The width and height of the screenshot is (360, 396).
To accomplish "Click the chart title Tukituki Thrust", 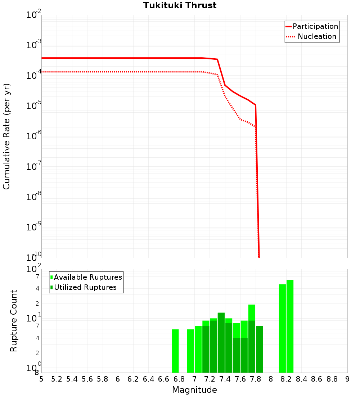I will coord(180,5).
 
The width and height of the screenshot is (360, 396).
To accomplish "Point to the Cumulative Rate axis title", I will coord(6,136).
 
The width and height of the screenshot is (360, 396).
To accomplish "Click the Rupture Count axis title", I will coord(14,321).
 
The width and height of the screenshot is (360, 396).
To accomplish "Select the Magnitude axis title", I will coord(194,390).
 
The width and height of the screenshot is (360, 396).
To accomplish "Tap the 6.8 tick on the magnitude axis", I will coord(179,379).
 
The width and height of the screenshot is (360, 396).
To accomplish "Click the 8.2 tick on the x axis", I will coord(286,379).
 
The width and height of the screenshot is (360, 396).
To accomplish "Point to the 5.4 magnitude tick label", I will coord(72,379).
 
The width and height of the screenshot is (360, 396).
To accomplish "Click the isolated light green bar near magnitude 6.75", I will coord(175,351).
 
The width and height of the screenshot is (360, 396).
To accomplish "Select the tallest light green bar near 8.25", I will coord(290,326).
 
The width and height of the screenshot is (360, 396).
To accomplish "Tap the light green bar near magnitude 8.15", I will coord(282,328).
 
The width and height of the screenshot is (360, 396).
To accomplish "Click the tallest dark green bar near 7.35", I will coord(221,342).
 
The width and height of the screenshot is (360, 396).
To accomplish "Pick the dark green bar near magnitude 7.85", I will coord(259,349).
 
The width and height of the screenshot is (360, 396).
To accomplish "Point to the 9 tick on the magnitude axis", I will coord(347,379).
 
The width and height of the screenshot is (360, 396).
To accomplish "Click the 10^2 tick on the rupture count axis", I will coord(34,269).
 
